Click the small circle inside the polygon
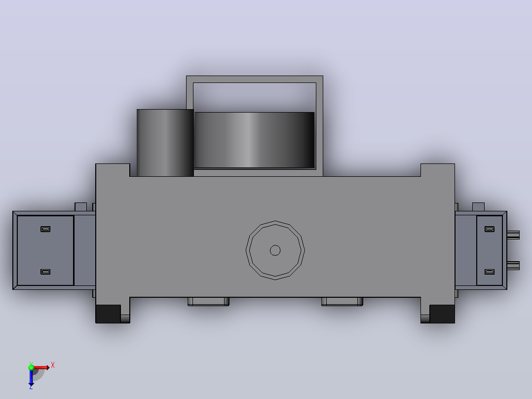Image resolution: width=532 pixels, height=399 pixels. [x=275, y=250]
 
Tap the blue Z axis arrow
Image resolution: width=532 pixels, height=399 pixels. [x=31, y=377]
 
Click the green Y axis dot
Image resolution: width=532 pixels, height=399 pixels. [x=31, y=367]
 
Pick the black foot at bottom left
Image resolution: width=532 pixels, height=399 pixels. [x=108, y=314]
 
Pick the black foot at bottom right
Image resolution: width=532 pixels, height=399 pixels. [x=442, y=314]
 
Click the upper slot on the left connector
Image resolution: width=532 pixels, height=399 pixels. [x=45, y=229]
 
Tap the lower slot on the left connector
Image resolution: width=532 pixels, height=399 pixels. [x=45, y=272]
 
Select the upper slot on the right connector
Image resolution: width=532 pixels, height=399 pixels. [x=489, y=229]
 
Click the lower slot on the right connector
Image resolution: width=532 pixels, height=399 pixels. [x=489, y=272]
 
